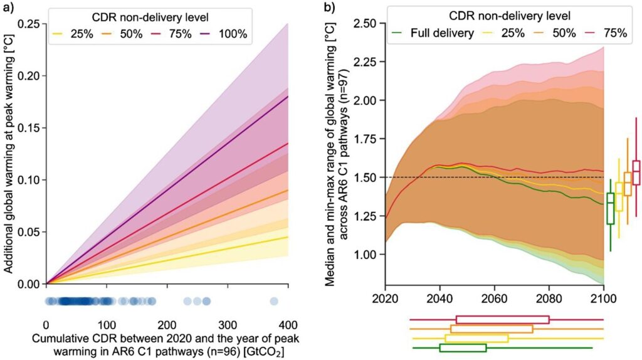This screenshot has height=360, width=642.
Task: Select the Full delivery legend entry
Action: pyautogui.click(x=433, y=33)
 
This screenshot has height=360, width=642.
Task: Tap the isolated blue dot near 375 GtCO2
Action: pyautogui.click(x=274, y=302)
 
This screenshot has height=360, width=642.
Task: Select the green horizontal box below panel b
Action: pyautogui.click(x=463, y=347)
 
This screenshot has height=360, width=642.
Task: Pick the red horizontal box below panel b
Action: pyautogui.click(x=502, y=319)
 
